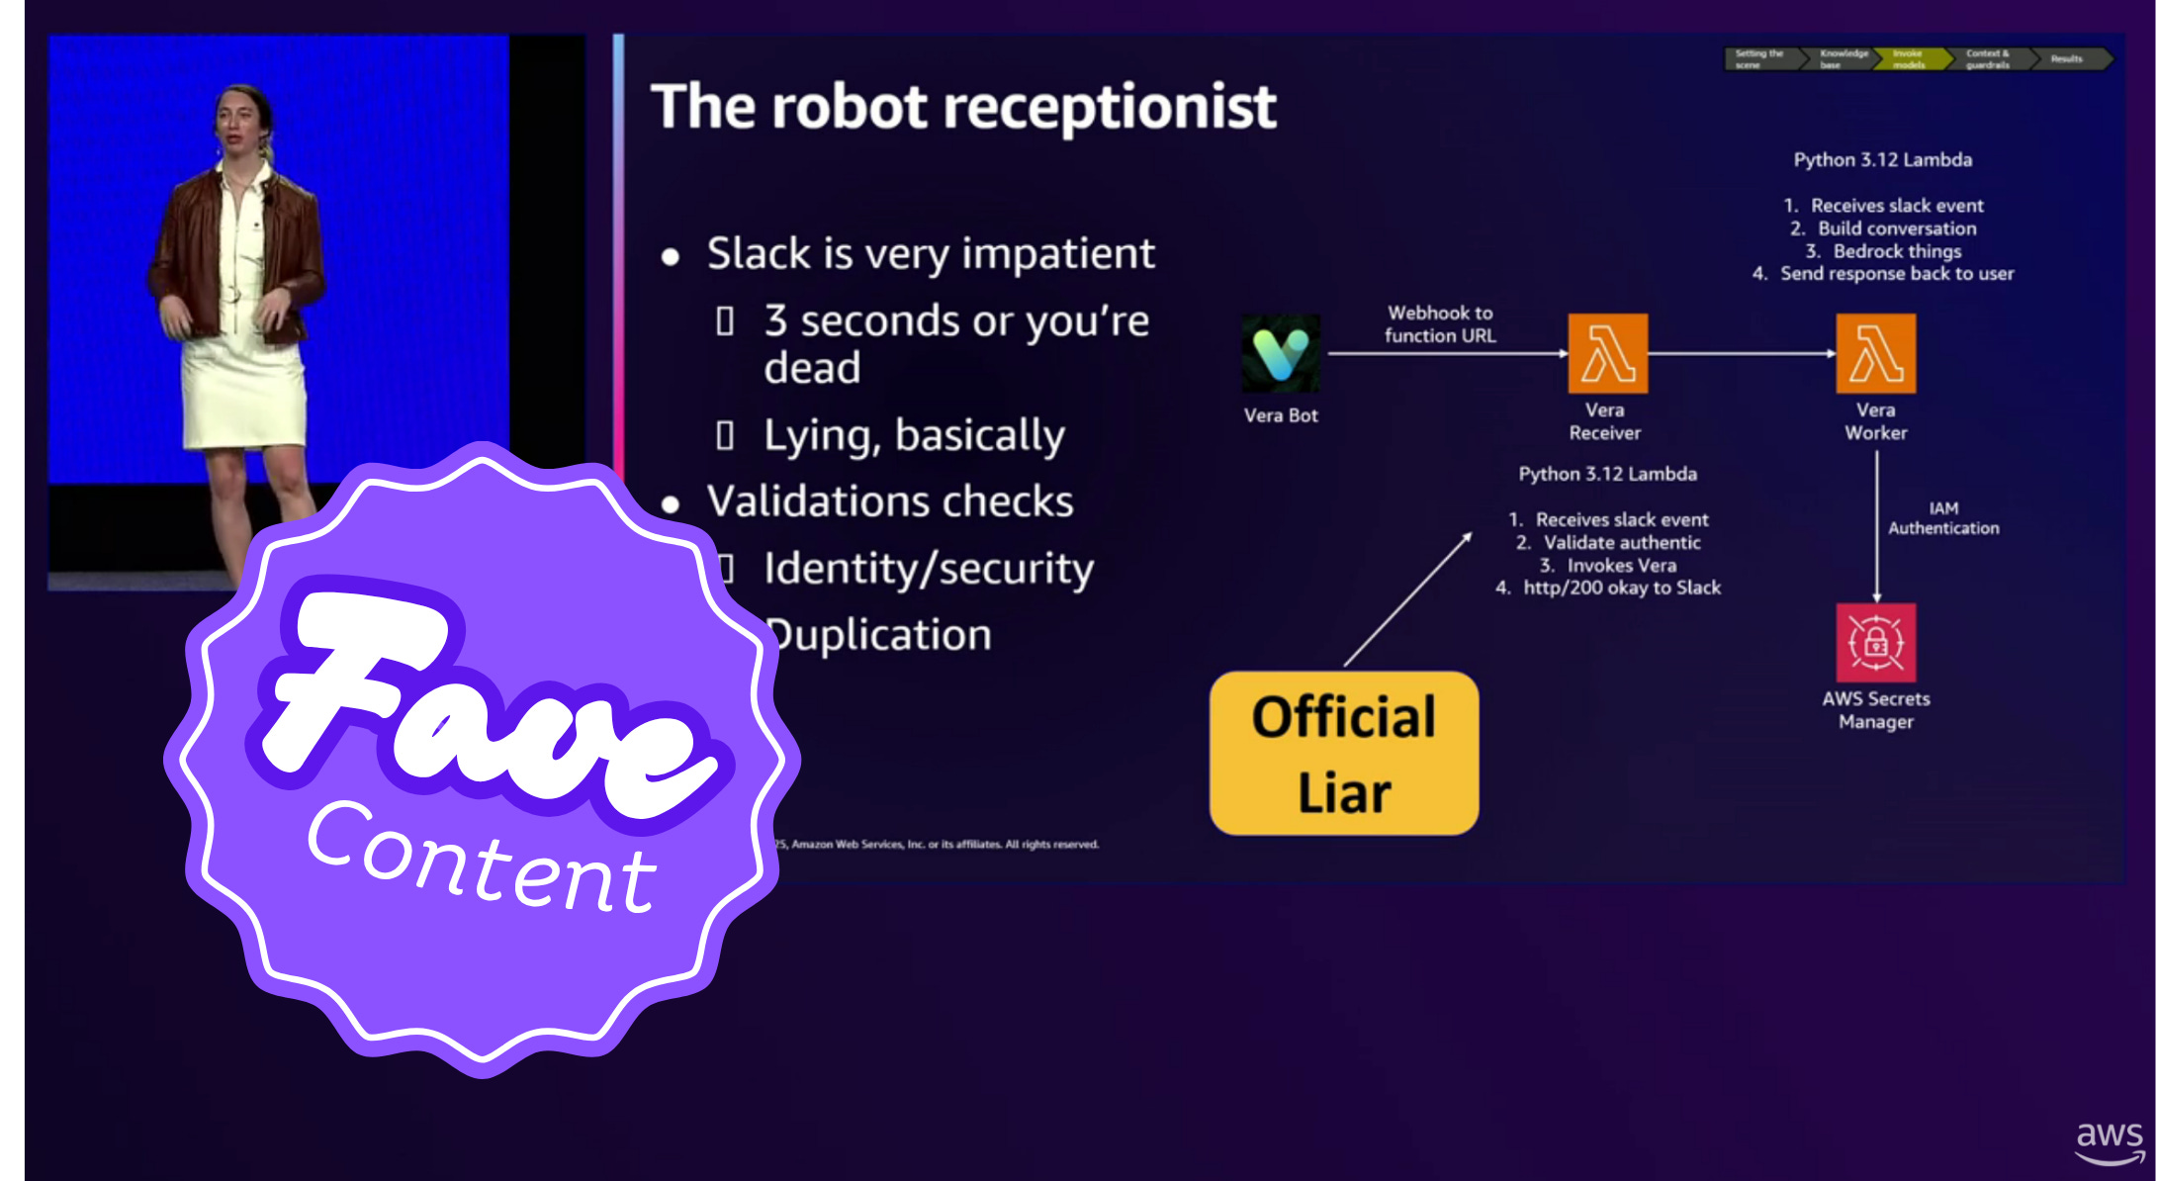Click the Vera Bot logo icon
click(x=1280, y=353)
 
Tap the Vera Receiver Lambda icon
click(x=1607, y=353)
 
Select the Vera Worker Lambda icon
click(x=1875, y=353)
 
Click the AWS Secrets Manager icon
click(x=1875, y=642)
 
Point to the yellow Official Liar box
click(x=1344, y=754)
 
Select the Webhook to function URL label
click(x=1440, y=324)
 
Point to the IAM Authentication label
click(x=1943, y=518)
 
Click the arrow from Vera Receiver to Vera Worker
click(x=1741, y=353)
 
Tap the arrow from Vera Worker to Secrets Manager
click(x=1876, y=524)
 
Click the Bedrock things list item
click(x=1896, y=251)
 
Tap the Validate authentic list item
click(x=1621, y=542)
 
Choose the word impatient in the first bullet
click(x=1057, y=254)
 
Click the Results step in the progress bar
click(x=2066, y=59)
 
